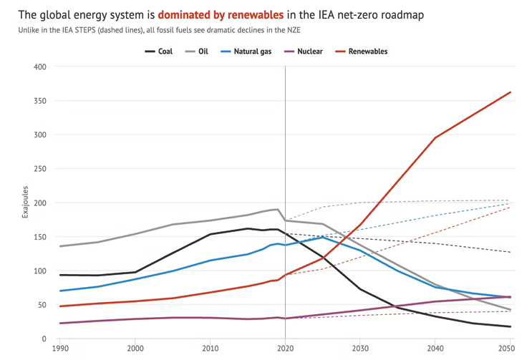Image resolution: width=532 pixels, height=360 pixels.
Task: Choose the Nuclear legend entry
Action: pos(309,52)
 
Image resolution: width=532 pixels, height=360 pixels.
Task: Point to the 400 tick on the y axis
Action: pos(39,67)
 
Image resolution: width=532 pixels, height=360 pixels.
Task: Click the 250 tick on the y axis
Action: pos(39,169)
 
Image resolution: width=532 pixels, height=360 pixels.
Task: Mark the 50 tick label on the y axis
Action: pos(41,305)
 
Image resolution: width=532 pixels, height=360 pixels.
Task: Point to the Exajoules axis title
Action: pos(25,203)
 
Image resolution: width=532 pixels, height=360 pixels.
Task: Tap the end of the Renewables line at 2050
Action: pos(511,92)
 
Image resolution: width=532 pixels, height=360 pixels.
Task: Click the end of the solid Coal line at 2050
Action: pos(511,327)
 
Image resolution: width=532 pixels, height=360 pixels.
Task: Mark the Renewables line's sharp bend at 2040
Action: pos(435,137)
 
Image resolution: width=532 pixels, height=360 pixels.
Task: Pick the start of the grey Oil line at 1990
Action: pos(60,246)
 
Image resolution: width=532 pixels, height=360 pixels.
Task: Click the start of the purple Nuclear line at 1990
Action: pos(60,323)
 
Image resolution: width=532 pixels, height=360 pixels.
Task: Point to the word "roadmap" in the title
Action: pos(405,14)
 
